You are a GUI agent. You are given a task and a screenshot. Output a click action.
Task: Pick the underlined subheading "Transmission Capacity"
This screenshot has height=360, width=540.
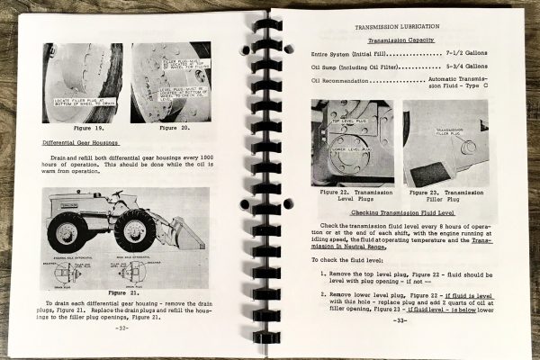[405, 40]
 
